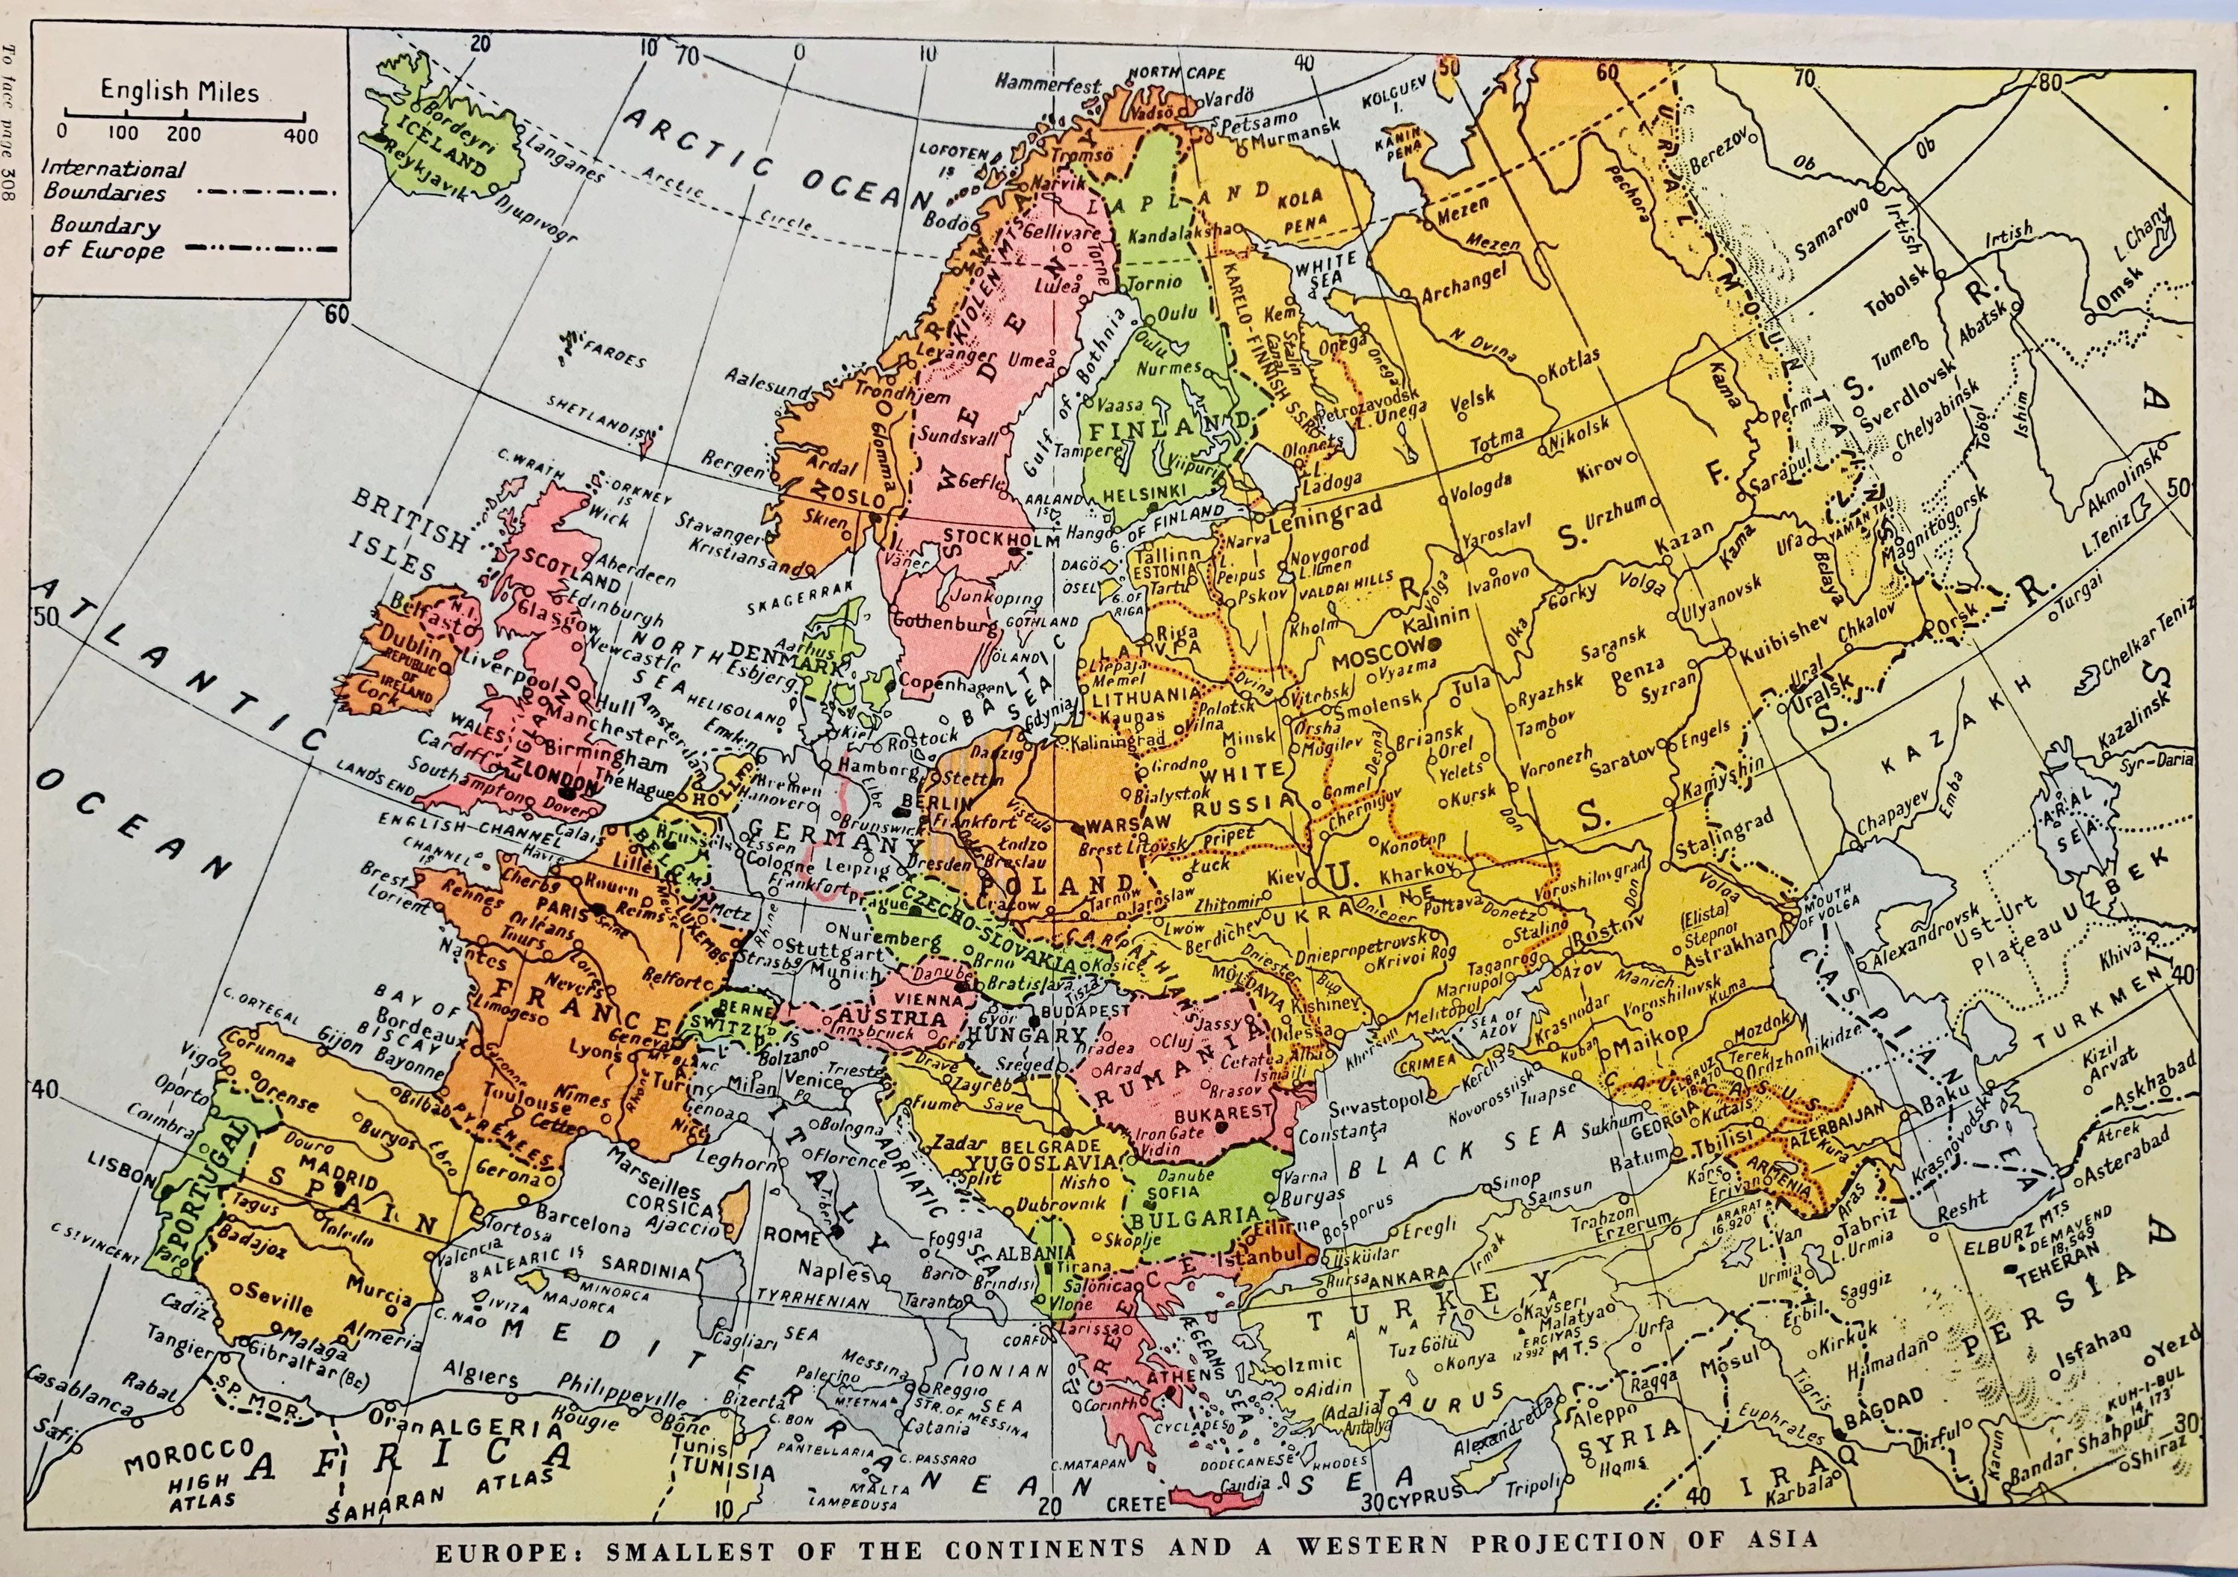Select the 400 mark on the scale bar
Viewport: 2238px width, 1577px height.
[x=301, y=137]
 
